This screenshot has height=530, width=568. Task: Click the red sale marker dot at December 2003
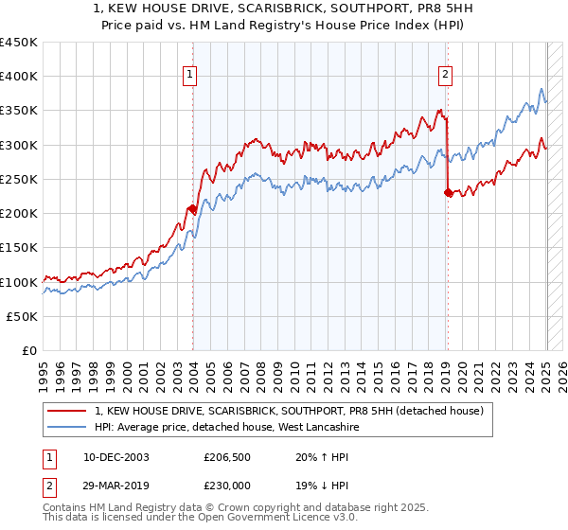click(x=193, y=208)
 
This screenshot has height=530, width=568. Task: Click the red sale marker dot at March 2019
click(x=448, y=192)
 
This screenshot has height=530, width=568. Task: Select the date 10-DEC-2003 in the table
click(x=115, y=455)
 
